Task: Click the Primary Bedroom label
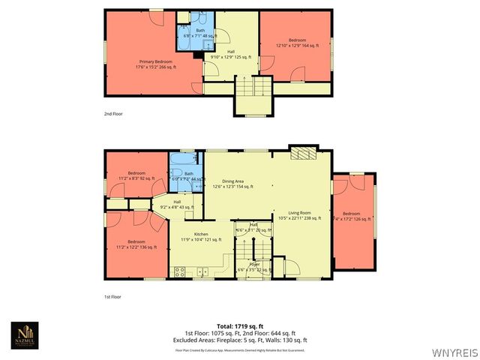154,64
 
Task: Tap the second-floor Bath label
200,33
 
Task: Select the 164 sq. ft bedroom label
298,43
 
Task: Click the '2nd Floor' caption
113,113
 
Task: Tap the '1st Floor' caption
113,297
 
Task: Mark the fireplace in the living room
303,154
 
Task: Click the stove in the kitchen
180,272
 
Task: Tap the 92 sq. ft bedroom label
136,175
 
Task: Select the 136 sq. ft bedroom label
136,244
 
